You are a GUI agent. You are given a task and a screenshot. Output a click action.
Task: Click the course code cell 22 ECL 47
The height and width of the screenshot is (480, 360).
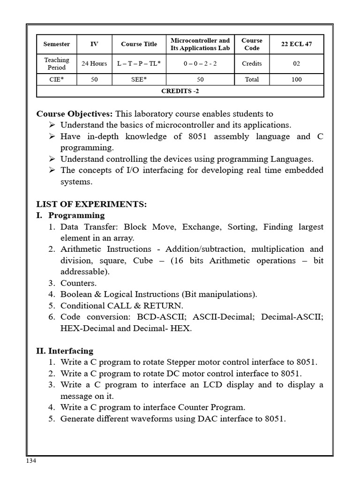click(296, 45)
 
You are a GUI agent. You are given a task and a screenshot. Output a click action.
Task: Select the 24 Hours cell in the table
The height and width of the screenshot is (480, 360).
click(94, 64)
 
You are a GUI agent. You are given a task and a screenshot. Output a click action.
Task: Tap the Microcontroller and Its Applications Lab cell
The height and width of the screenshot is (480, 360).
click(200, 45)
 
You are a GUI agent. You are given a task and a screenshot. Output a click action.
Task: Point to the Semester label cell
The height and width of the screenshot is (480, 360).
click(57, 45)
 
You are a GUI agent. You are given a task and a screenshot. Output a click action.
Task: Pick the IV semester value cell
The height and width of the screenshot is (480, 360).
click(94, 45)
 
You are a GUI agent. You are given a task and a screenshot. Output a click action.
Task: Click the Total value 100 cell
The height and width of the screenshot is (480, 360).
click(296, 79)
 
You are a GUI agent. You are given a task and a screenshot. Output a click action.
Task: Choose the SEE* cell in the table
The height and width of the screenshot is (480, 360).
click(139, 79)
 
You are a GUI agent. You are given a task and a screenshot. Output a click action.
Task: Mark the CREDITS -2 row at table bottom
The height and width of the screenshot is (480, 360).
click(180, 91)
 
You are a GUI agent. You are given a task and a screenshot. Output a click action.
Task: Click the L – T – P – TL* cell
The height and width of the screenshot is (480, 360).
click(139, 64)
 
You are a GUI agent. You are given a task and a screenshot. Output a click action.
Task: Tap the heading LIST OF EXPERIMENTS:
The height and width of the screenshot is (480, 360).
click(91, 204)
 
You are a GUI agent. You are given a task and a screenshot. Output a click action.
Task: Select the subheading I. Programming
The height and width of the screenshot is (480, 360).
click(70, 216)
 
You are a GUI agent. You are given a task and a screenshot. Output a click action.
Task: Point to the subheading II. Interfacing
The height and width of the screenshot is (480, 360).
click(65, 351)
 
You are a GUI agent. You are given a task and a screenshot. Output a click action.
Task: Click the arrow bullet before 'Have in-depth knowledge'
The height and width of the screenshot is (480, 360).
click(52, 136)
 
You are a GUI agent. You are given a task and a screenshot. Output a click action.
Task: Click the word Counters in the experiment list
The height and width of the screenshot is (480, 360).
click(78, 283)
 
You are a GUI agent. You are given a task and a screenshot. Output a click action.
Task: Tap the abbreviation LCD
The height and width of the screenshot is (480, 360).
click(214, 385)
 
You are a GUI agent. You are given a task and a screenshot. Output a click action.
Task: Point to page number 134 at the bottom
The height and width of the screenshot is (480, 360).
click(31, 461)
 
